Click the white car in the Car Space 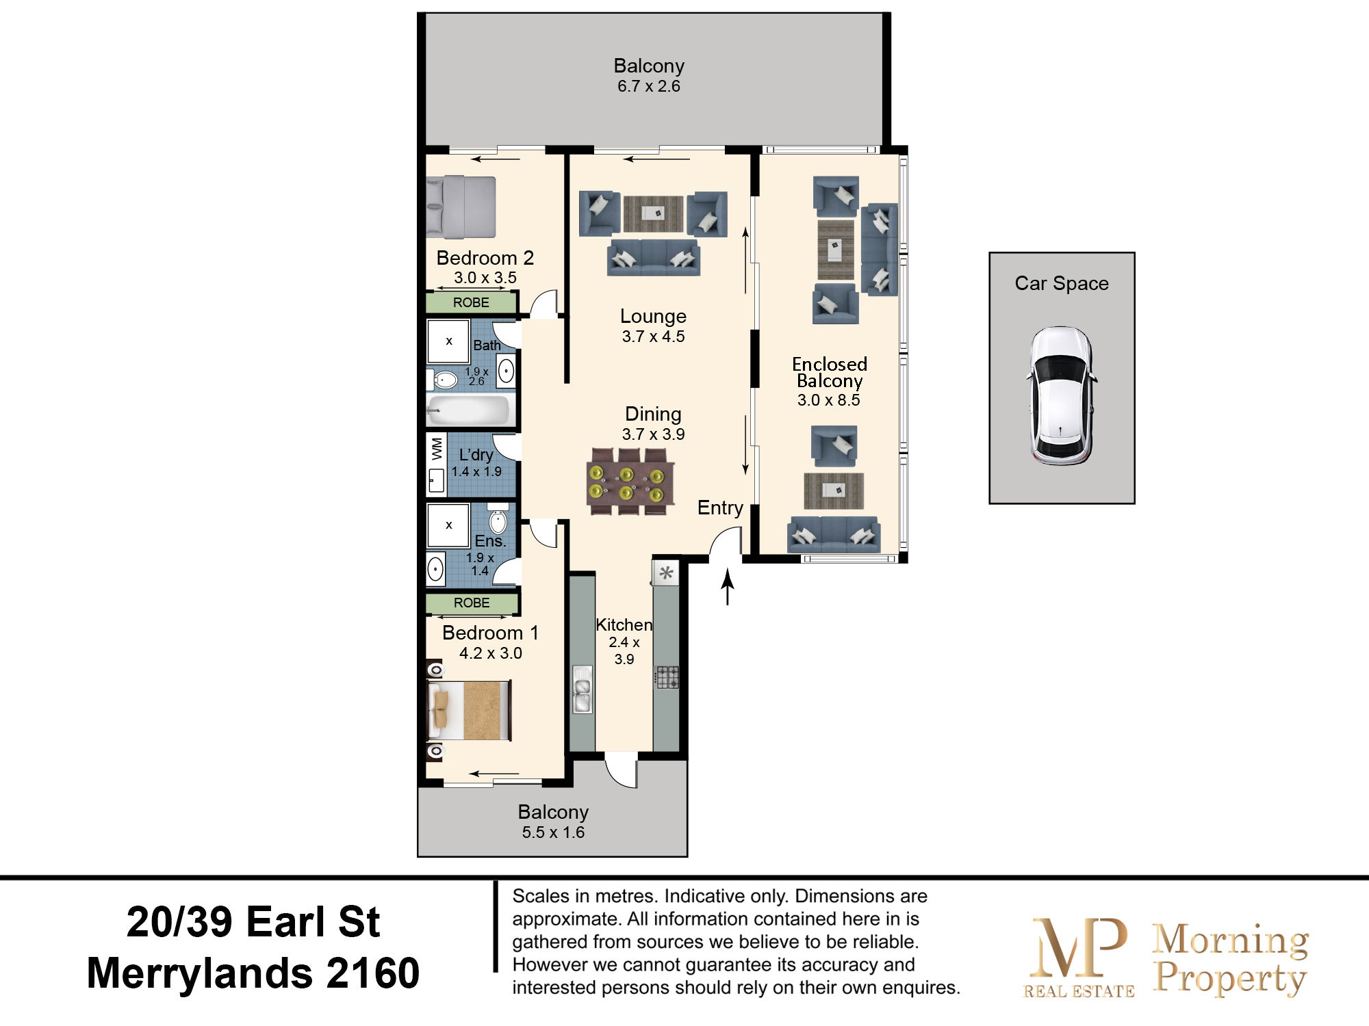coord(1062,396)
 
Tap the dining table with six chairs coord(630,482)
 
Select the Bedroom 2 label coord(485,258)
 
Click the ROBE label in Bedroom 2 coord(471,302)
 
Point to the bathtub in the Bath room coord(468,410)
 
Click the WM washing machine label coord(437,449)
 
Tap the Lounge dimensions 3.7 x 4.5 coord(653,337)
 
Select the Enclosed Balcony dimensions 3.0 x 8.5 coord(828,400)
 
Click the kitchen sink coord(583,689)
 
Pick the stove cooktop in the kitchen coord(667,677)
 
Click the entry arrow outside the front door coord(728,588)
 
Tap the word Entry coord(720,508)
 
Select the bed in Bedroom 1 coord(469,710)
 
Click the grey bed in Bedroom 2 coord(461,207)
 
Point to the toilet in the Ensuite coord(498,520)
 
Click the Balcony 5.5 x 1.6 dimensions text coord(553,832)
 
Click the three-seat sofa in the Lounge coord(653,257)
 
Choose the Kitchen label coord(624,624)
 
